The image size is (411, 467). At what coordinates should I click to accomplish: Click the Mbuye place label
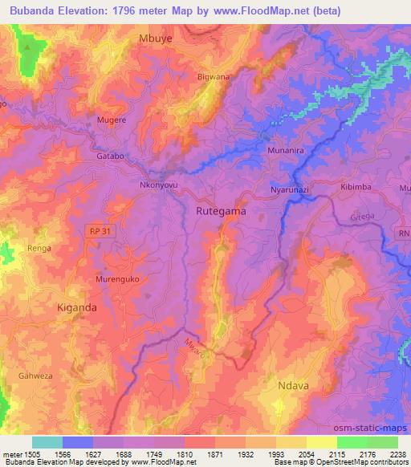pos(157,38)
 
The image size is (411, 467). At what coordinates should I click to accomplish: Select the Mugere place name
pos(112,120)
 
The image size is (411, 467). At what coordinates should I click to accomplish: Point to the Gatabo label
pos(110,156)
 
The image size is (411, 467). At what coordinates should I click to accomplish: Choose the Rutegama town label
pos(221,211)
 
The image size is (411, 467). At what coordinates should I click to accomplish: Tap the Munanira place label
pos(284,150)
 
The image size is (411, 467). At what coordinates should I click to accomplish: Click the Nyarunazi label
pos(289,189)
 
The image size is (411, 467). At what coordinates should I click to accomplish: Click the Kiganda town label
pos(77,307)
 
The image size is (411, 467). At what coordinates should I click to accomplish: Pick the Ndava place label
pos(292,385)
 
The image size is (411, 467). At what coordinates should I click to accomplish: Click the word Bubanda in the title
pos(43,11)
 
